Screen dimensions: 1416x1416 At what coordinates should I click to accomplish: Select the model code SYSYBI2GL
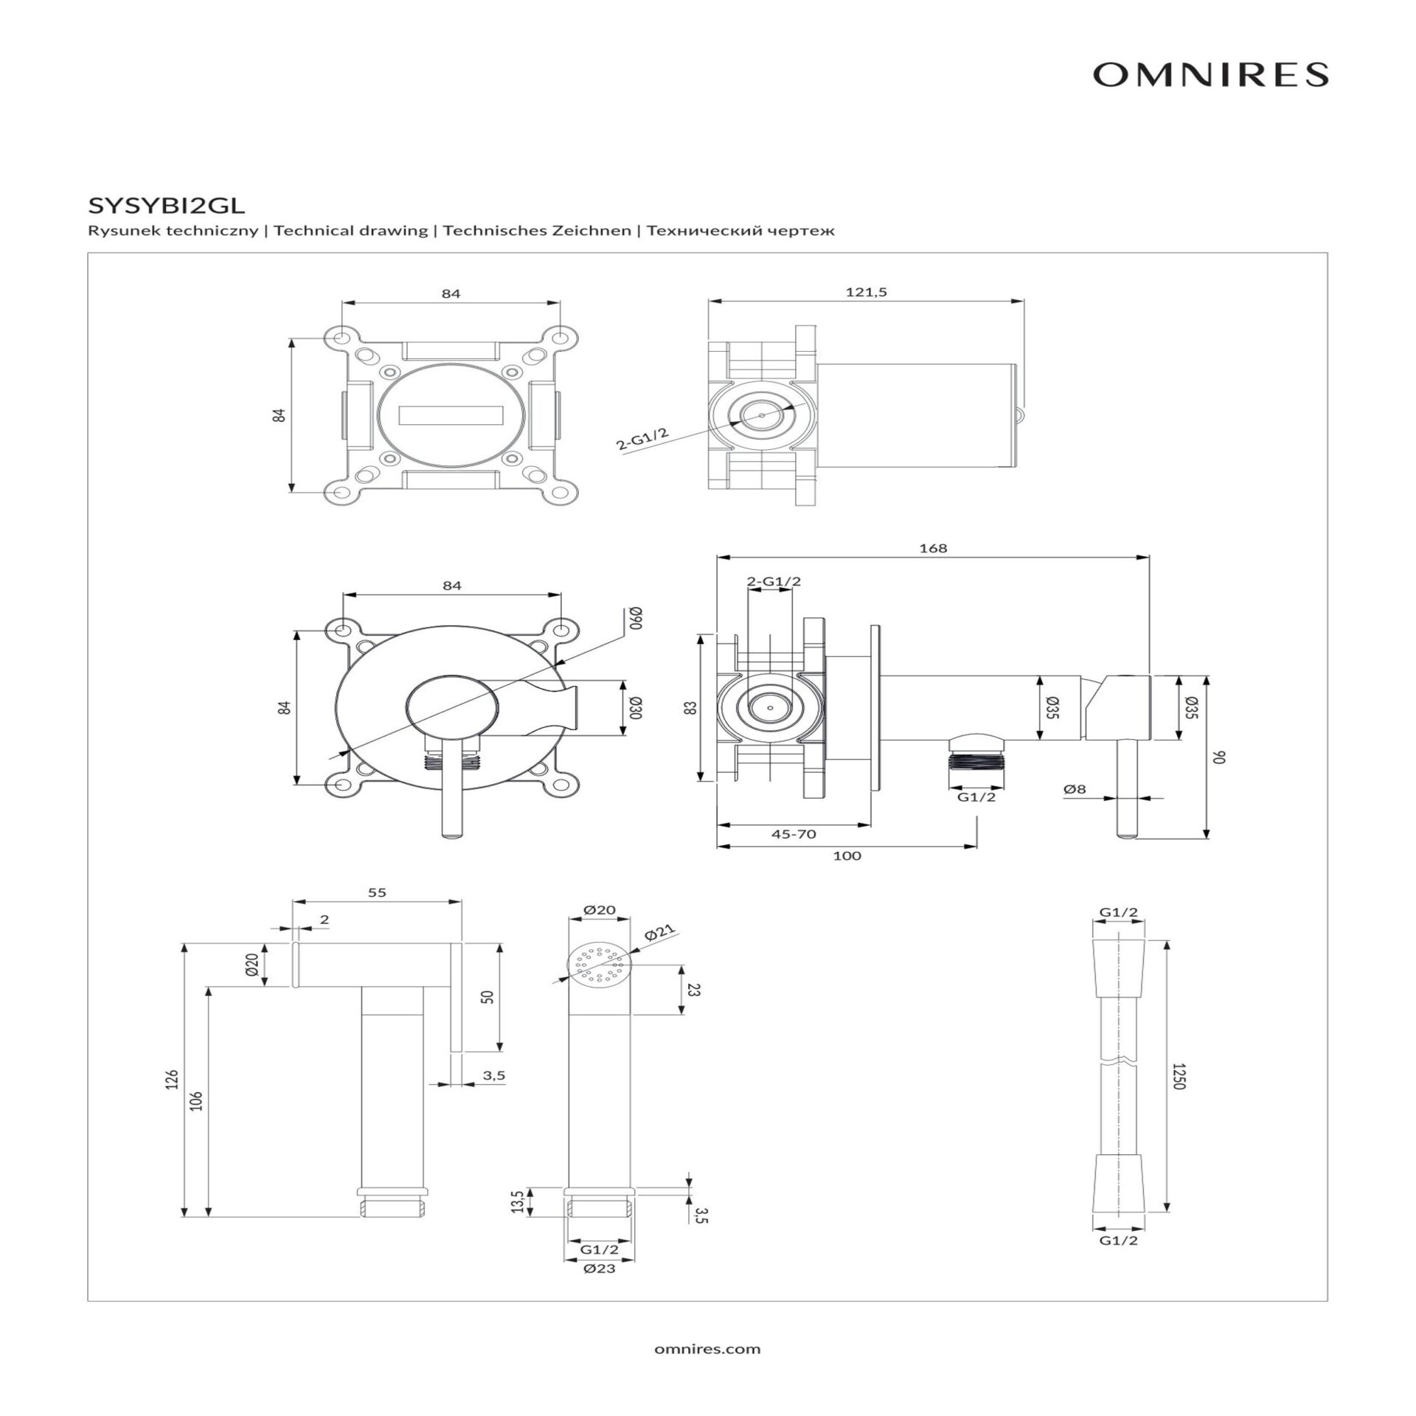tap(166, 202)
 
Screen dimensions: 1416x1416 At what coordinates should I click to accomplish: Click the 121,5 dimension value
tap(866, 292)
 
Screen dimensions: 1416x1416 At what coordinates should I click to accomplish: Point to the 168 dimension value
tap(933, 548)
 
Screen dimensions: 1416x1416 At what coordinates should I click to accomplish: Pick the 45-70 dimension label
tap(793, 834)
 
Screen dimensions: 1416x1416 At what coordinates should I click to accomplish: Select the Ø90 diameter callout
tap(635, 617)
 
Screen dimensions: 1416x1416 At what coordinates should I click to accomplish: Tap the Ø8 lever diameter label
tap(1075, 788)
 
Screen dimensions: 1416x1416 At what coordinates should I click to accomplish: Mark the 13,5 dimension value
tap(517, 1201)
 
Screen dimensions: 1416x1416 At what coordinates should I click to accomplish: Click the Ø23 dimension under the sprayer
tap(599, 1268)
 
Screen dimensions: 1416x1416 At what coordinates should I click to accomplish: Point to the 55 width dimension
tap(377, 892)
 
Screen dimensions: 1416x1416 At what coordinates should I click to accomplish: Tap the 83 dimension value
tap(690, 707)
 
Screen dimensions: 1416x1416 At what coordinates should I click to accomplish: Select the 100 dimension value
tap(847, 855)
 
